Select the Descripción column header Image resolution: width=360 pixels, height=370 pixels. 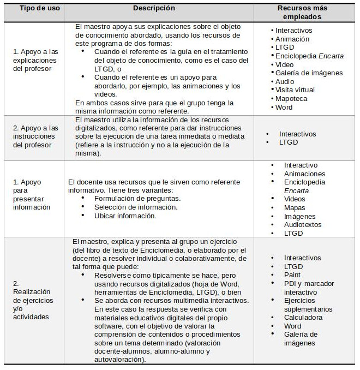click(x=154, y=8)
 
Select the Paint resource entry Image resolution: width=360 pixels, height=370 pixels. click(x=292, y=275)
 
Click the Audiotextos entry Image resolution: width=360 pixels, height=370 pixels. click(x=303, y=224)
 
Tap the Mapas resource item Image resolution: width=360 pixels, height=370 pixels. click(x=295, y=207)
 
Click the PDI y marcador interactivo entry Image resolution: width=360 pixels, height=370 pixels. click(x=309, y=288)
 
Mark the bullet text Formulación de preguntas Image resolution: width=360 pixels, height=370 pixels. click(x=137, y=199)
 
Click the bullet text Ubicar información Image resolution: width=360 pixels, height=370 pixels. click(x=125, y=216)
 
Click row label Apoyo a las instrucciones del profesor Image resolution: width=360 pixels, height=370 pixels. click(x=35, y=136)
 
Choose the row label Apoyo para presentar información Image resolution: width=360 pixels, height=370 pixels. click(x=32, y=194)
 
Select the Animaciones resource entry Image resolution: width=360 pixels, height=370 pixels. click(x=304, y=174)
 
